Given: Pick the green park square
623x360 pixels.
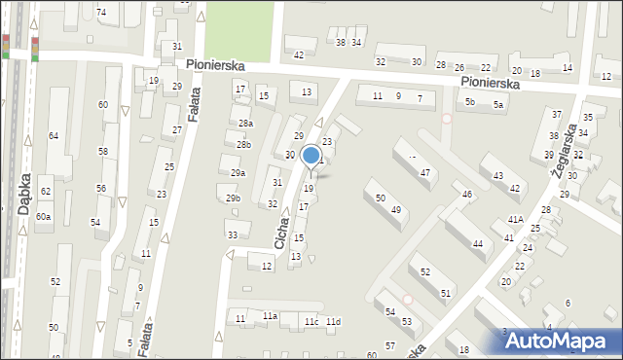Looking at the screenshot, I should [x=238, y=28].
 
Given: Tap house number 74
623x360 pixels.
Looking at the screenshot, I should [x=101, y=12].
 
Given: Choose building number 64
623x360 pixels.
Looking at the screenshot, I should [x=54, y=136].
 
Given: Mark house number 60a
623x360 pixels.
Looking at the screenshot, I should [x=43, y=216].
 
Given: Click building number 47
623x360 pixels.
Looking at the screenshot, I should [x=424, y=172].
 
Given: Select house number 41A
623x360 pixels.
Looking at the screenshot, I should [x=515, y=220].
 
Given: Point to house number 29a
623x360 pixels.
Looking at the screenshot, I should [x=238, y=173].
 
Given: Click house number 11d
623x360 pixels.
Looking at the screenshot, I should [x=334, y=322].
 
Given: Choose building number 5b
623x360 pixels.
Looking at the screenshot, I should [x=469, y=102].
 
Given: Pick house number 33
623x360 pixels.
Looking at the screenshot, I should [x=232, y=235].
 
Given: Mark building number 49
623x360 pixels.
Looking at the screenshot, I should [x=396, y=210].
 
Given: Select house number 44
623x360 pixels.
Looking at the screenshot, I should [x=477, y=244].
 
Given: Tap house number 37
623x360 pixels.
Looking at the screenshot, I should [x=556, y=115].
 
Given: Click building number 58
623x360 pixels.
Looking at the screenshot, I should [x=102, y=152].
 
